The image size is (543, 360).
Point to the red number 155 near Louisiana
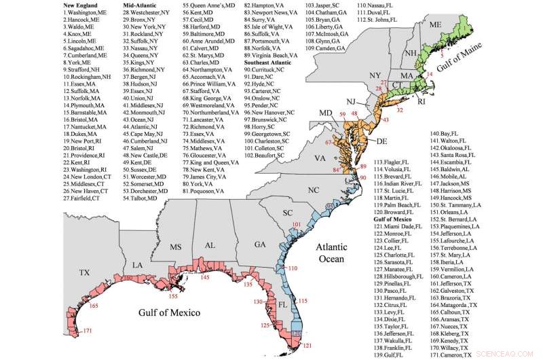[173, 296]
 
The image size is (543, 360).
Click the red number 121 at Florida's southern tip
[307, 346]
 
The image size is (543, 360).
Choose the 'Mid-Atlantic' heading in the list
[140, 5]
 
